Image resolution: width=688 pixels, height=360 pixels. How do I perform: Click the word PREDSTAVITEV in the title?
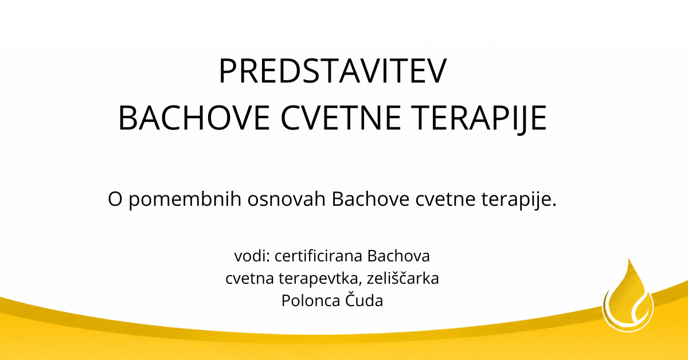[x=333, y=71]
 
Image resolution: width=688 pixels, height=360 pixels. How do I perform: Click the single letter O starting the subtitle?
[x=115, y=199]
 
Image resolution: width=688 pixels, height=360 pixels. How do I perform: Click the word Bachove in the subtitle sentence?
[x=370, y=198]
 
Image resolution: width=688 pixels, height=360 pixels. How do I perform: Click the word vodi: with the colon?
[x=252, y=256]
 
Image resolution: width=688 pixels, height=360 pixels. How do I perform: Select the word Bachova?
[x=398, y=256]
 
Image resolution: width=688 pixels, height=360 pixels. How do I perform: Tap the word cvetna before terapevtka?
[x=250, y=279]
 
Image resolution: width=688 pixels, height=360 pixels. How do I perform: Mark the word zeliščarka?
[x=403, y=278]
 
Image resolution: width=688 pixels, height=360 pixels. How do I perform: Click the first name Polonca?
[x=311, y=301]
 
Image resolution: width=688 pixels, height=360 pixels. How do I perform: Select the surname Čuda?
[x=364, y=300]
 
